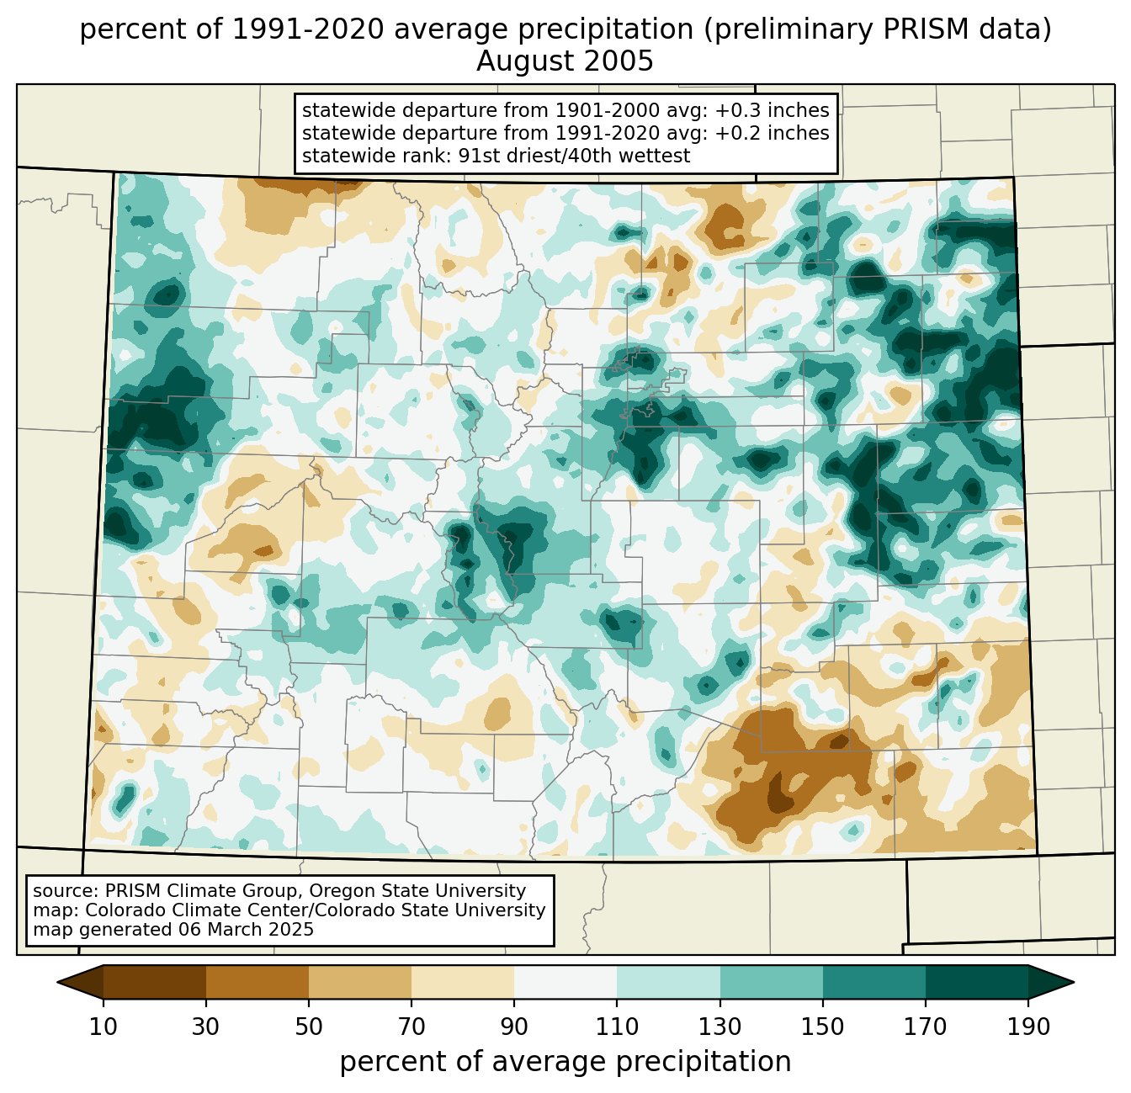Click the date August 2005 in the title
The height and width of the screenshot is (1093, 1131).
(565, 61)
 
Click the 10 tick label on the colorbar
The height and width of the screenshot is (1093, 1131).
(104, 1027)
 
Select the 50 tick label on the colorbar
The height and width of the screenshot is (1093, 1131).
(309, 1027)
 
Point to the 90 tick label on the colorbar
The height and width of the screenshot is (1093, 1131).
(514, 1027)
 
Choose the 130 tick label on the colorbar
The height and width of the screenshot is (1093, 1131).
(720, 1027)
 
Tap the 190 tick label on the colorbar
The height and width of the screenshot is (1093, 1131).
(1028, 1027)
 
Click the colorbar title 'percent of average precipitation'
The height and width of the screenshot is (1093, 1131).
(565, 1062)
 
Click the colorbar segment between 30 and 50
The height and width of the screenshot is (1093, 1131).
(258, 982)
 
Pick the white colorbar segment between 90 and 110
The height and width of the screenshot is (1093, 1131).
(565, 982)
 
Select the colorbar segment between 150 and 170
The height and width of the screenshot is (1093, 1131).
(874, 982)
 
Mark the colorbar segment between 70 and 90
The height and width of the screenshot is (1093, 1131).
(463, 982)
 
